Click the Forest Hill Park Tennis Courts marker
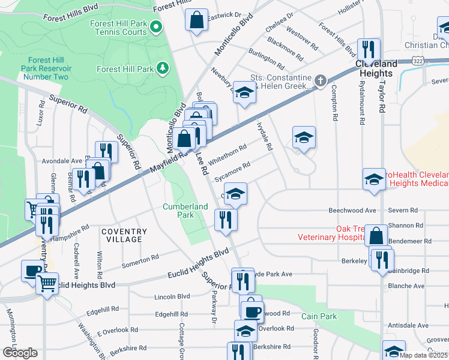(156, 26)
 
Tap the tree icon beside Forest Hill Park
(161, 68)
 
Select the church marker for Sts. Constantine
(321, 80)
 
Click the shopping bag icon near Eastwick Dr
(196, 20)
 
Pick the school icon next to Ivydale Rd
(304, 138)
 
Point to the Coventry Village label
(124, 235)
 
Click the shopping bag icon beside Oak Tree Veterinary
(376, 236)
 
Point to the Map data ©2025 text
(423, 355)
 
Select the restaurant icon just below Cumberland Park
(226, 220)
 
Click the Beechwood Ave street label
(352, 211)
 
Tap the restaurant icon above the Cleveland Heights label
(367, 49)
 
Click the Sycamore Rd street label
(232, 169)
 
